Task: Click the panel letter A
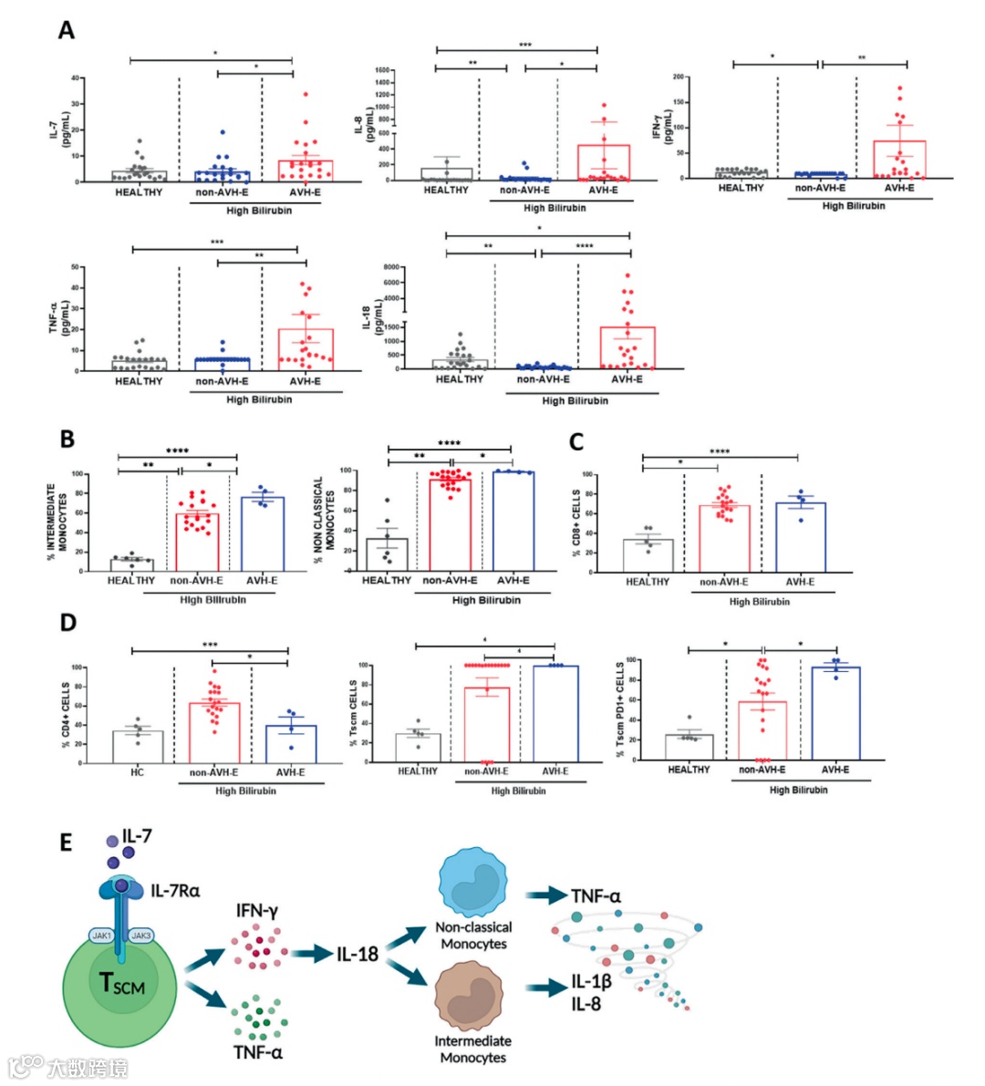pos(66,31)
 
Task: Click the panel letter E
pos(66,841)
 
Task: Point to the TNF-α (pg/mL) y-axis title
pos(58,317)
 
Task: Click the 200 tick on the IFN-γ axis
pos(679,78)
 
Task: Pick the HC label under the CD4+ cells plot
pos(137,772)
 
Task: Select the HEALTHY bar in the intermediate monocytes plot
pos(131,565)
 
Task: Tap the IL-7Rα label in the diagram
pos(175,890)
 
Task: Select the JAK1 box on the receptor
pos(100,936)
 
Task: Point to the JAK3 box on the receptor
pos(140,936)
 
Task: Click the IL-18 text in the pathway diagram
pos(357,954)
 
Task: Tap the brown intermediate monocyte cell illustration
pos(472,998)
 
